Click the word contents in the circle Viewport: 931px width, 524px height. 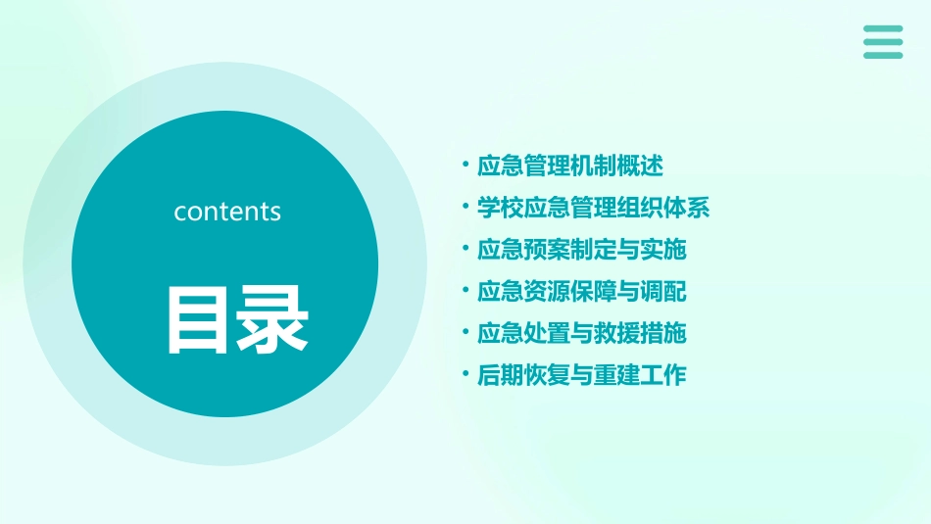coord(227,212)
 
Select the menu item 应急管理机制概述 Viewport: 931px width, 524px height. coord(570,167)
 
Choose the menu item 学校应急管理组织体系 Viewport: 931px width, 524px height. coord(593,208)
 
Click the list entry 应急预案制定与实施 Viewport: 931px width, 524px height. coord(581,250)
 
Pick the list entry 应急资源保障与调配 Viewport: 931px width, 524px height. coord(581,292)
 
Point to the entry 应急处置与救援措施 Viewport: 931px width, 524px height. coord(581,334)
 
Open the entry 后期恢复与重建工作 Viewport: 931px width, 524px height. coord(581,375)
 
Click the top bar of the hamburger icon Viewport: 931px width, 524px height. coord(883,29)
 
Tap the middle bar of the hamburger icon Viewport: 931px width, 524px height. coord(883,42)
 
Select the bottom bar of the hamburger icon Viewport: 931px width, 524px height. coord(883,55)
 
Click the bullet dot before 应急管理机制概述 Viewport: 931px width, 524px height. coord(465,166)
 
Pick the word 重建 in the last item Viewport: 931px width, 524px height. coord(616,375)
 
